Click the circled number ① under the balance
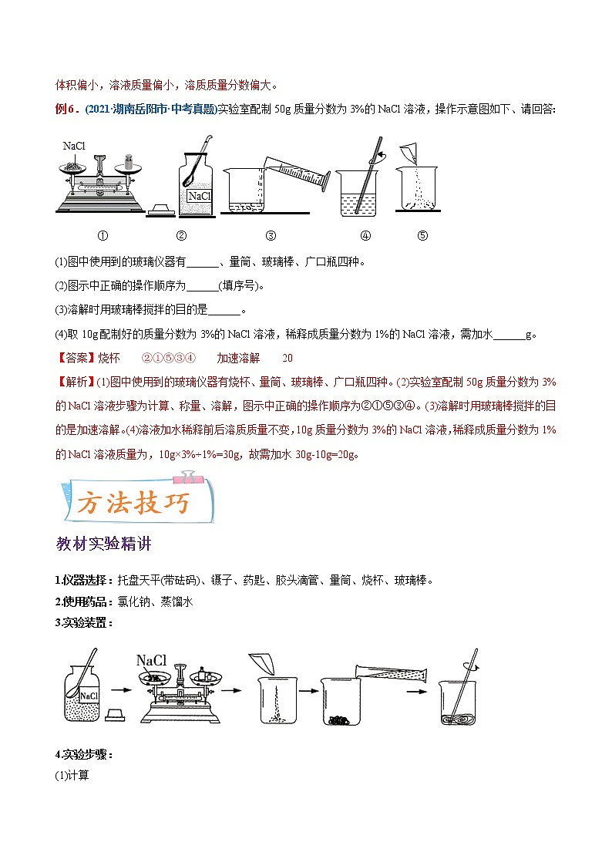tap(102, 236)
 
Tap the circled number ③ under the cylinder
tap(271, 236)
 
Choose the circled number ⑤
tap(422, 236)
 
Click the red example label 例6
tap(66, 109)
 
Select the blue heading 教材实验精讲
tap(103, 544)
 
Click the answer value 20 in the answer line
tap(288, 358)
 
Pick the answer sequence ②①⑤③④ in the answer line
tap(170, 358)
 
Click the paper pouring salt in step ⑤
tap(409, 152)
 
